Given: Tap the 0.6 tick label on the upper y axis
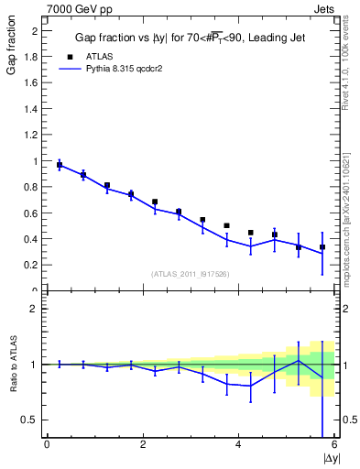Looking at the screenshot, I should click(30, 213).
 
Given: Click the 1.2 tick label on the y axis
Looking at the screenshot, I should click(30, 135).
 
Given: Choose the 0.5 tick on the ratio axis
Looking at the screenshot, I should click(30, 420).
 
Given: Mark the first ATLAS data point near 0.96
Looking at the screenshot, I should click(60, 166).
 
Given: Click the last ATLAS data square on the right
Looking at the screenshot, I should click(322, 247).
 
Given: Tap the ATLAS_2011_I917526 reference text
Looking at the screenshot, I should click(191, 274).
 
